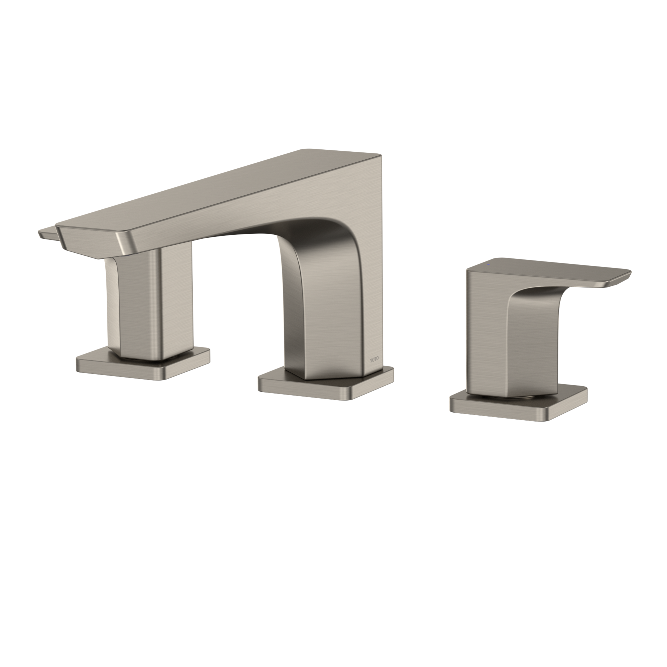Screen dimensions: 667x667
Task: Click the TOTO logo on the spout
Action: tap(374, 360)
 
